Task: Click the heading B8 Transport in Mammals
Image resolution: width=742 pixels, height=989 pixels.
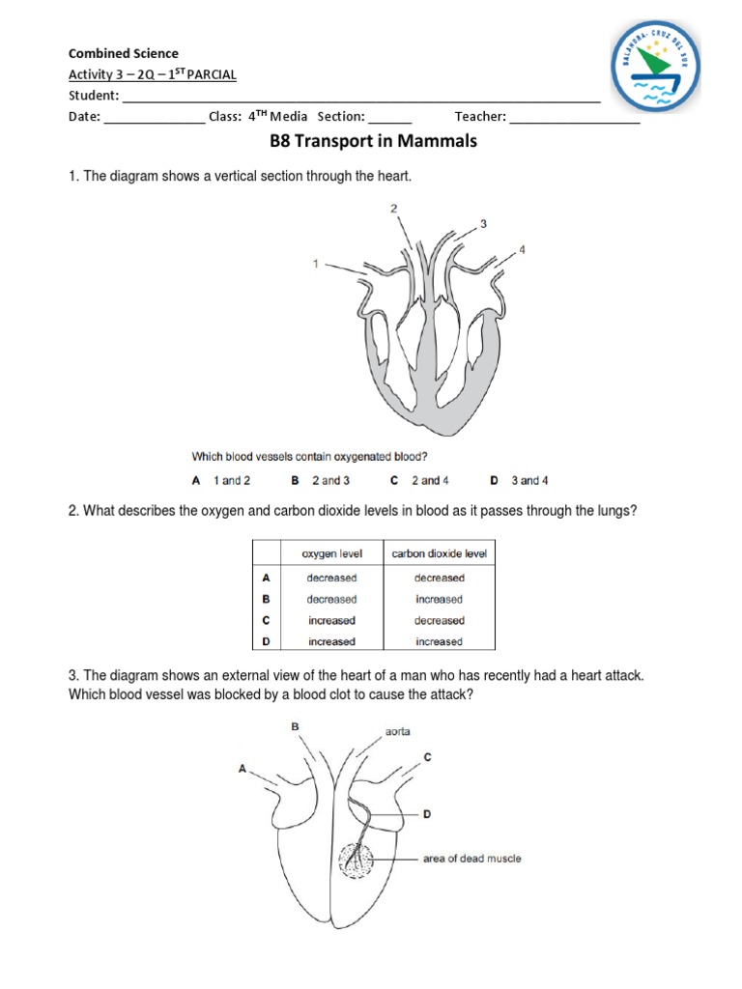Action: tap(372, 142)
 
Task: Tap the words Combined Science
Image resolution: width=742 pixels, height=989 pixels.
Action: tap(123, 53)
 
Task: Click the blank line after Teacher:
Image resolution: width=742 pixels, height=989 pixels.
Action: tap(574, 117)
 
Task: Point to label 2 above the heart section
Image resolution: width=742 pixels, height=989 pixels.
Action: tap(393, 208)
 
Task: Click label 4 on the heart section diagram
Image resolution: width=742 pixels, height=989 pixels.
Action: tap(522, 249)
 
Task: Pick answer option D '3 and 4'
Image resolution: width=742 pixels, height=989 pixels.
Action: tap(521, 480)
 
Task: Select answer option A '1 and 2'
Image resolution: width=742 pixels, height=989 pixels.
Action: tap(221, 480)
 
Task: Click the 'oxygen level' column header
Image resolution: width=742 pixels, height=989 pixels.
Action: tap(331, 553)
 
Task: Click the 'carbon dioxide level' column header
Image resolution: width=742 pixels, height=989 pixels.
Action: tap(440, 553)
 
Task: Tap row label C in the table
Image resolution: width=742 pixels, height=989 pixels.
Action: tap(265, 620)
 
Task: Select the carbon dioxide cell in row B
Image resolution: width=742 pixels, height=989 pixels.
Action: tap(440, 599)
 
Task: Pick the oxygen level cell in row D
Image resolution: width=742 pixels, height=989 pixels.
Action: tap(331, 641)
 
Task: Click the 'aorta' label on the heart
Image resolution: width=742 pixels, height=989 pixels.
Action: tap(398, 731)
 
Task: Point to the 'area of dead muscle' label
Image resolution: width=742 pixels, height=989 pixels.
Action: tap(472, 858)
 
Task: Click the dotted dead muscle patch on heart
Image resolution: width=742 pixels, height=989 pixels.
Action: tap(359, 858)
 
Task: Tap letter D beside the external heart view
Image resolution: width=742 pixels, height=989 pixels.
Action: tap(426, 815)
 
